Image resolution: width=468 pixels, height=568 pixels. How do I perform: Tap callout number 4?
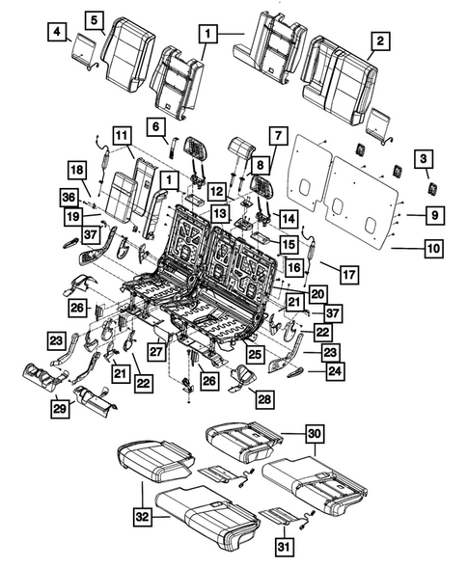coord(58,36)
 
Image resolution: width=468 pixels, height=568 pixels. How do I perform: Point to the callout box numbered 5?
coord(94,19)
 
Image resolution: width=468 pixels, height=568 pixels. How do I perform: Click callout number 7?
coord(277,134)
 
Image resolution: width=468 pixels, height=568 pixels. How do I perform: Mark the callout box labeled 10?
coord(434,249)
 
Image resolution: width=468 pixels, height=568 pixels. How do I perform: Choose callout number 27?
coord(155,353)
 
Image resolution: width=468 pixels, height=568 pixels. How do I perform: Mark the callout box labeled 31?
coord(283,547)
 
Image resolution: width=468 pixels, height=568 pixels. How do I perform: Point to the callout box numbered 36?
coord(68,198)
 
